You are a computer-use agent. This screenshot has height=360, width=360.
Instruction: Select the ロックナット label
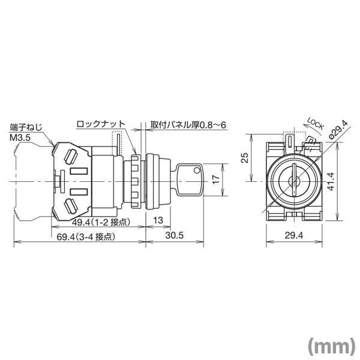100,124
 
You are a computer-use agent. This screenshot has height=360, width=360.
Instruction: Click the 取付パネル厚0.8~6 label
188,124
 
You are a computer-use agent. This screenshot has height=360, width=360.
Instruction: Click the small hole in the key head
196,174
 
